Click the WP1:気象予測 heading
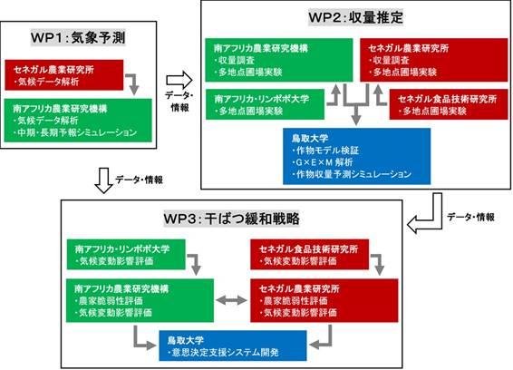coord(78,38)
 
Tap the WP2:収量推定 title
coord(355,17)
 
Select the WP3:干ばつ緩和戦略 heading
coord(232,219)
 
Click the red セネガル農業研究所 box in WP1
coord(64,75)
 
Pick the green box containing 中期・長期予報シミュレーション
coord(78,121)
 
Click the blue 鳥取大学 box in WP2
coord(356,156)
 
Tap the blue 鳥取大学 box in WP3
coord(233,346)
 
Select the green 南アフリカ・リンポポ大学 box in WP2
coord(265,104)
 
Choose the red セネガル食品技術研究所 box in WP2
coord(449,104)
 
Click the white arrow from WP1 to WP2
coord(179,80)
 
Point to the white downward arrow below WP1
coord(103,180)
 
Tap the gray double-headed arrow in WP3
coord(232,300)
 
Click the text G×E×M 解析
coord(323,162)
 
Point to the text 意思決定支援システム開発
coord(224,353)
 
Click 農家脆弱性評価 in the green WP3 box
coord(109,300)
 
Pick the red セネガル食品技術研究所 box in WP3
coord(309,255)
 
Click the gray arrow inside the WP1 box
coord(132,84)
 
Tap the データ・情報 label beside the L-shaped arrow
coord(470,217)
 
